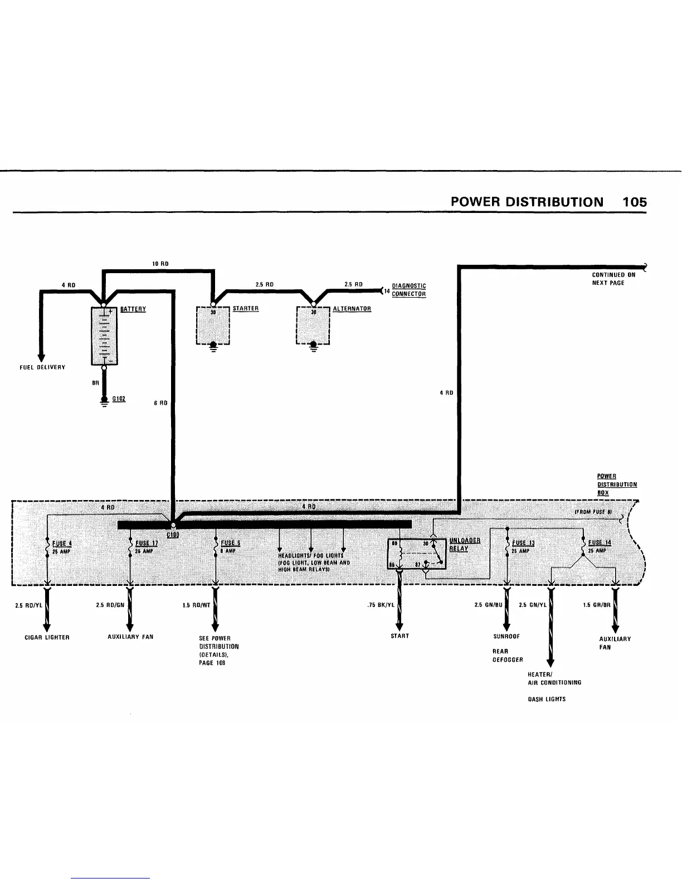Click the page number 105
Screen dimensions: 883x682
click(x=635, y=202)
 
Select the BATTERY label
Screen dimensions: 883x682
click(x=133, y=309)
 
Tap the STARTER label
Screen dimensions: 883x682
click(x=245, y=308)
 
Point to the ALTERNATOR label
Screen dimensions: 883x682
click(x=352, y=308)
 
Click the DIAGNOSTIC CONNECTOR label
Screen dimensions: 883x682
click(x=408, y=290)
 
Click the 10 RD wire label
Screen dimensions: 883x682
click(x=160, y=264)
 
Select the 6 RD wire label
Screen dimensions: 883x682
click(x=160, y=403)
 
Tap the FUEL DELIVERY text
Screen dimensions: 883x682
click(x=42, y=367)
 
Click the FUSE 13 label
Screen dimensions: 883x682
click(x=523, y=544)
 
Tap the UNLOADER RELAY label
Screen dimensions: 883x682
click(x=465, y=544)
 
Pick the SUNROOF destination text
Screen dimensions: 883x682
click(x=506, y=636)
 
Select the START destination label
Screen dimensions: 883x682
click(x=400, y=636)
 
